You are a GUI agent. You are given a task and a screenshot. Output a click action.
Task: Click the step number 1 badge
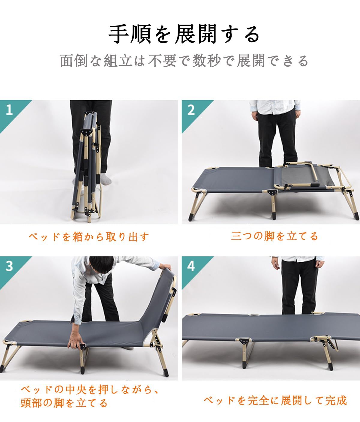(10, 110)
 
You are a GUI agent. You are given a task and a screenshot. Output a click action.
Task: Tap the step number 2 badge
(191, 110)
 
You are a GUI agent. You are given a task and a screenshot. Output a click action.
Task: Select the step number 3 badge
(10, 266)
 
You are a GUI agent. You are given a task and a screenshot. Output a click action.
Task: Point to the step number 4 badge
(191, 266)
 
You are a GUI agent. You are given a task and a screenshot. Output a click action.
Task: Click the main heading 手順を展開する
(184, 35)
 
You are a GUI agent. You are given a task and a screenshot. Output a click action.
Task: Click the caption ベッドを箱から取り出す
(89, 237)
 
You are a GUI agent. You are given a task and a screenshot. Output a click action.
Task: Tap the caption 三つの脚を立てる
(274, 236)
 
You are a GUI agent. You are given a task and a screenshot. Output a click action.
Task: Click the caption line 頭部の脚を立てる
(64, 403)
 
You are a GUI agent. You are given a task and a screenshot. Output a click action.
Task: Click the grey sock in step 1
(105, 179)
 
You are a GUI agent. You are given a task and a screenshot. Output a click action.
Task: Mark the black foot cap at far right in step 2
(356, 216)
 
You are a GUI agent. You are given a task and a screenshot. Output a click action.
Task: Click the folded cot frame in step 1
(87, 168)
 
